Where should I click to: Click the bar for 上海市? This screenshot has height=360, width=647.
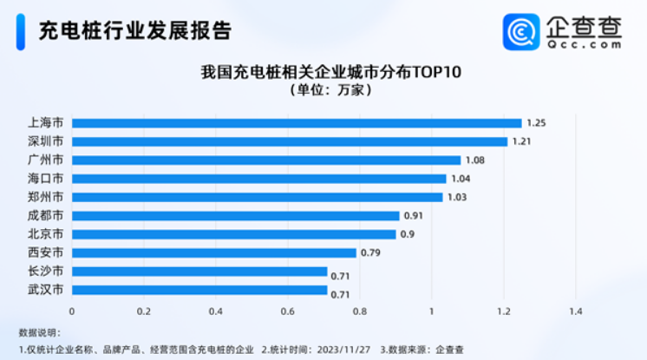297,123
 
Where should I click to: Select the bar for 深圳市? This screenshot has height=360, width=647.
290,141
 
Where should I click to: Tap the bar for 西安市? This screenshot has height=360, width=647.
214,252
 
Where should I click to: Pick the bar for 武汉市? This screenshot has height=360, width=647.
199,290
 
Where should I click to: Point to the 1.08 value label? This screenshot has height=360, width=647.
475,160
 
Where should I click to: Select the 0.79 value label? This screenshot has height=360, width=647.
371,252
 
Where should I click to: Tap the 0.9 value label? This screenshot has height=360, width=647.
408,234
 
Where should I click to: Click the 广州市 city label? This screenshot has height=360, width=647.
46,160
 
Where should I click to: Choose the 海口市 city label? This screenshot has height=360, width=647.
46,179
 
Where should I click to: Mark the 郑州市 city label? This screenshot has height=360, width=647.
46,197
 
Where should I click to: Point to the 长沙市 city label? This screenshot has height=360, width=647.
46,271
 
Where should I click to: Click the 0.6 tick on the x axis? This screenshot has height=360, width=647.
287,311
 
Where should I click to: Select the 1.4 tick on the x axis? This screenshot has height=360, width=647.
574,311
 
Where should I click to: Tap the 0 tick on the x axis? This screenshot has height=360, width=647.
72,311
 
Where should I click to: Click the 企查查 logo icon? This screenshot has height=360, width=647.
521,32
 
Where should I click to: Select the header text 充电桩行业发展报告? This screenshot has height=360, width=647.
135,32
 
